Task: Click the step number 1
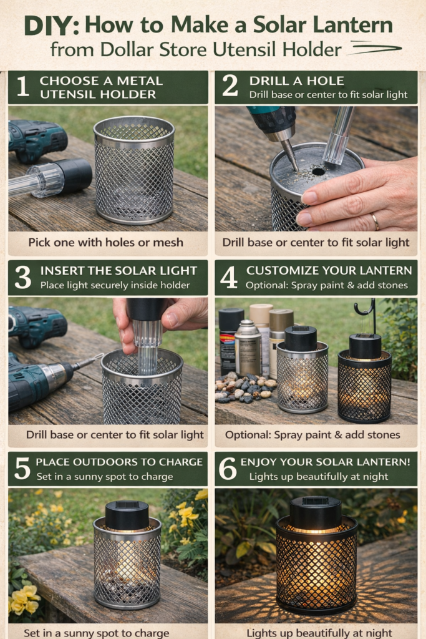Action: click(x=23, y=86)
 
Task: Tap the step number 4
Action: click(x=228, y=278)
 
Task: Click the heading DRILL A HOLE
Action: click(x=296, y=80)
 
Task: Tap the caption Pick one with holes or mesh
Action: click(x=105, y=243)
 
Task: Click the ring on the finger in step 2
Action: click(x=375, y=222)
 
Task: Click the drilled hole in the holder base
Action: click(x=318, y=172)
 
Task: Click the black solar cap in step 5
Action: click(x=127, y=515)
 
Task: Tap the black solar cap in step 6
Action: click(x=316, y=513)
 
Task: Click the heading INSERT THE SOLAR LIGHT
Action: click(x=119, y=271)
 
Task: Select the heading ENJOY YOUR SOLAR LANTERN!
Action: click(x=326, y=462)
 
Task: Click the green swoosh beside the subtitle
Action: click(x=375, y=48)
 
